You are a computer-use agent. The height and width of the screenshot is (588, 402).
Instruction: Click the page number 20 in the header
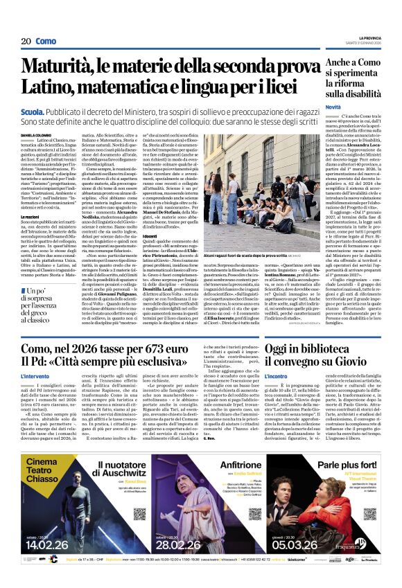pyautogui.click(x=25, y=42)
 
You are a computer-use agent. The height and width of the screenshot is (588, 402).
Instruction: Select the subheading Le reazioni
pyautogui.click(x=30, y=216)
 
